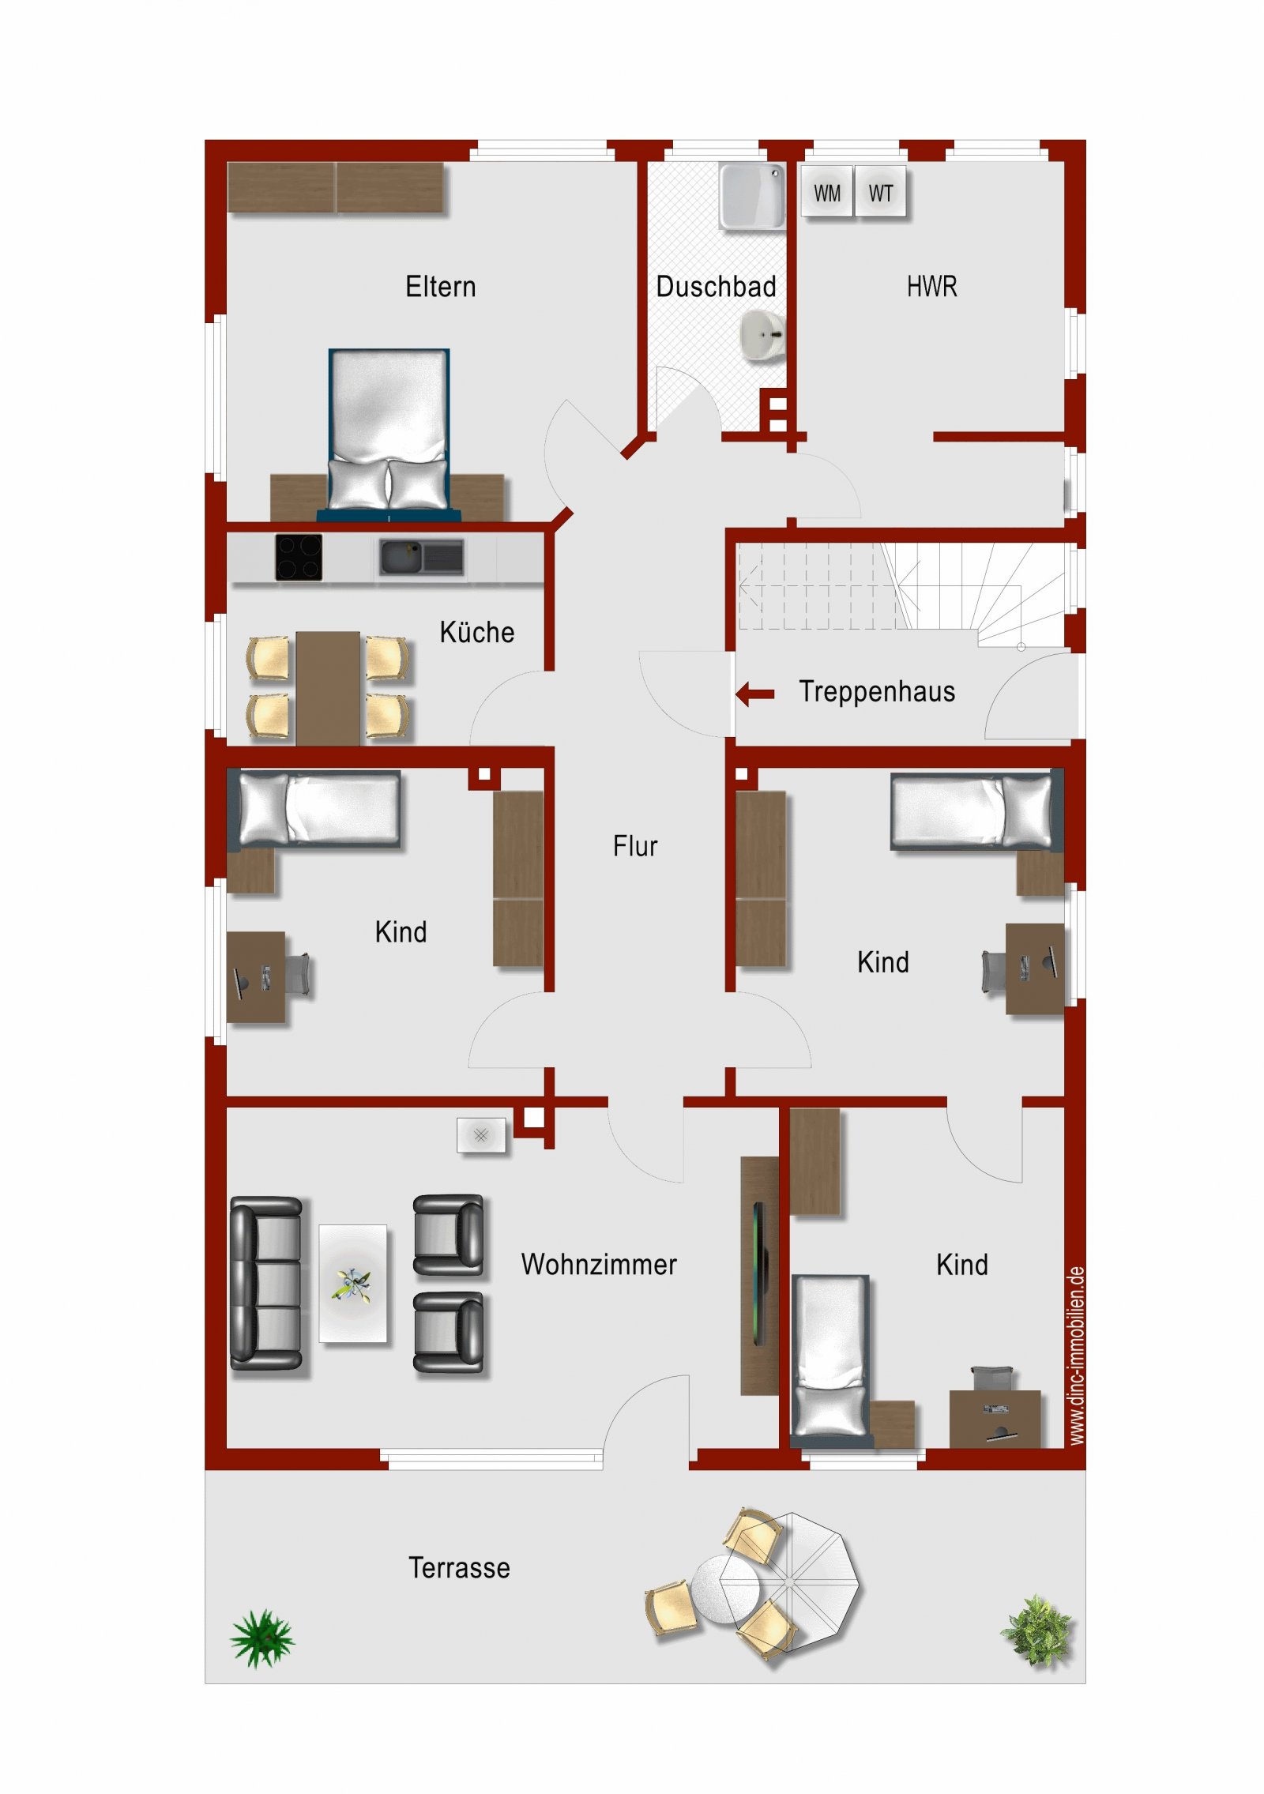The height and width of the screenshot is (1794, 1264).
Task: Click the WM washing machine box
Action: tap(826, 191)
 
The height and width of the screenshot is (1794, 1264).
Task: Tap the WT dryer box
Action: tap(880, 191)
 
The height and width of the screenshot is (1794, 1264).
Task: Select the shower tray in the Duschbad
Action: tap(752, 196)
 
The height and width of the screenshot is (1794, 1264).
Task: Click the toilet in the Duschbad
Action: tap(763, 335)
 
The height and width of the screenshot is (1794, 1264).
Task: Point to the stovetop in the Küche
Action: tap(299, 557)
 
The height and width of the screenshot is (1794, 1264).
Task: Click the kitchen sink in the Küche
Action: tap(421, 558)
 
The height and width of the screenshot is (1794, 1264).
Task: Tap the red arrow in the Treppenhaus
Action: tap(755, 694)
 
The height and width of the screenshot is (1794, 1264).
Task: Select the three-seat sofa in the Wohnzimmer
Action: tap(265, 1283)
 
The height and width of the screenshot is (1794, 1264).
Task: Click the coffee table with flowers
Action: tap(353, 1283)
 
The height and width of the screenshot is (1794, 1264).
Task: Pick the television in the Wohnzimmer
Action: tap(759, 1274)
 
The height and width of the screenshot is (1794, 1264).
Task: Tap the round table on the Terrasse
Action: tap(724, 1589)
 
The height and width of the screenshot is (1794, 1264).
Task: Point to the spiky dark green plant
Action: tap(262, 1638)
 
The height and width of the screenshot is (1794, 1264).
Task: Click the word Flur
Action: tap(634, 846)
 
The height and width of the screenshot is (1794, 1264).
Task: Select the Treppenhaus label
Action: tap(876, 691)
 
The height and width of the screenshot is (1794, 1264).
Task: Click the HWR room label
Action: tap(931, 286)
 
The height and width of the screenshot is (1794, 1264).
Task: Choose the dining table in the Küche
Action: tap(328, 688)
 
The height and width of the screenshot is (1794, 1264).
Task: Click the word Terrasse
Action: tap(459, 1567)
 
